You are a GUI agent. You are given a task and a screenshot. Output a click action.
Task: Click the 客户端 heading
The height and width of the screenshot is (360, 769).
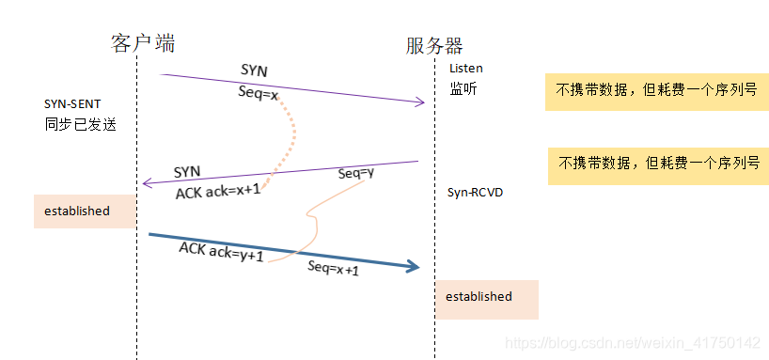pos(143,43)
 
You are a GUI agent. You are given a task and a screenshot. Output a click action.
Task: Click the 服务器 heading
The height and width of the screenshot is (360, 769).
pos(433,46)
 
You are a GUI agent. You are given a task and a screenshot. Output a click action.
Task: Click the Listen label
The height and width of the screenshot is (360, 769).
pos(465,69)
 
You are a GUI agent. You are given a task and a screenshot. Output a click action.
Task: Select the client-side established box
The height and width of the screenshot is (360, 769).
pos(85,211)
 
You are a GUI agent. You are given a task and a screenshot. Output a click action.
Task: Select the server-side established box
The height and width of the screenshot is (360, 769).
pos(485,297)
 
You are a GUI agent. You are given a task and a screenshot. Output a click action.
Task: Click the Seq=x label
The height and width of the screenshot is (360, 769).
pos(259,94)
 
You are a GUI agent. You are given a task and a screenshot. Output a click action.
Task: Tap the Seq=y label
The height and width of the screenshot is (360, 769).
pos(356,173)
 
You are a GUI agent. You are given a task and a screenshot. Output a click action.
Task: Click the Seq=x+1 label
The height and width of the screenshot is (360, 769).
pos(333,268)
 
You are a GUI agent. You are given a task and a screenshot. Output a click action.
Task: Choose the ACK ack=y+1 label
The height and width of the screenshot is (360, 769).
pos(221,252)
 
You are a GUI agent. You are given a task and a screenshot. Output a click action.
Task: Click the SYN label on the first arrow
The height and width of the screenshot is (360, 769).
pos(253,70)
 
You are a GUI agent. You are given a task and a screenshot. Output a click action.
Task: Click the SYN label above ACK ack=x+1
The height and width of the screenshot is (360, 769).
pos(187,172)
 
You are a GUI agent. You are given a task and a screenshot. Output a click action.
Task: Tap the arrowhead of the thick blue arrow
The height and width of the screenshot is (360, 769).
pos(411,267)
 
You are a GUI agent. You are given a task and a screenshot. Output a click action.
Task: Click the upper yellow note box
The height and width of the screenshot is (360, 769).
pos(651,91)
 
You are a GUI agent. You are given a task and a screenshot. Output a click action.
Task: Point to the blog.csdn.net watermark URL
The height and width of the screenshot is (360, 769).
pos(632,343)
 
